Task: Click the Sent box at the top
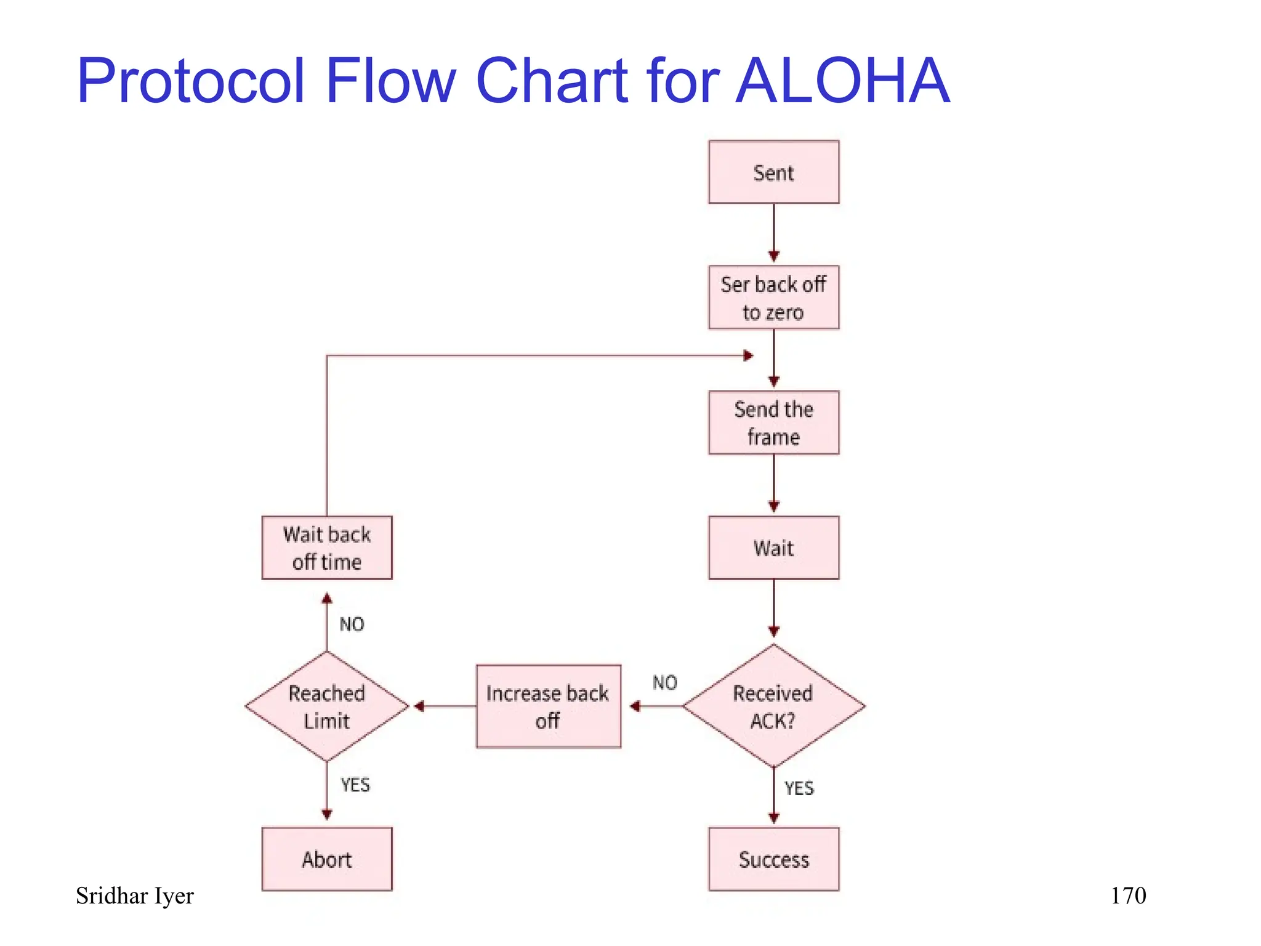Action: click(773, 172)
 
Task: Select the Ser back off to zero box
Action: click(773, 297)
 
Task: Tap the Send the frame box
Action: click(773, 422)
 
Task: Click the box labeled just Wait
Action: click(773, 548)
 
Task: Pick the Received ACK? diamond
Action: click(773, 706)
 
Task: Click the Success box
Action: click(773, 859)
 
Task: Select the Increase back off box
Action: click(548, 706)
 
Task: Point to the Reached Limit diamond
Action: click(327, 706)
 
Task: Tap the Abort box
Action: click(327, 859)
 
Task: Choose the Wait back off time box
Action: click(327, 548)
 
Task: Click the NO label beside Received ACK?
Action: click(665, 682)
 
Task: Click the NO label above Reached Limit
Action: click(352, 625)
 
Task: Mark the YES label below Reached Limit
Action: click(355, 785)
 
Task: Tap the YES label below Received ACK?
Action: click(799, 788)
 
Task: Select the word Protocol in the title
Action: click(191, 81)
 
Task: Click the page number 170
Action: click(1128, 895)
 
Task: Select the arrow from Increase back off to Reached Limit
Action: click(445, 706)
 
